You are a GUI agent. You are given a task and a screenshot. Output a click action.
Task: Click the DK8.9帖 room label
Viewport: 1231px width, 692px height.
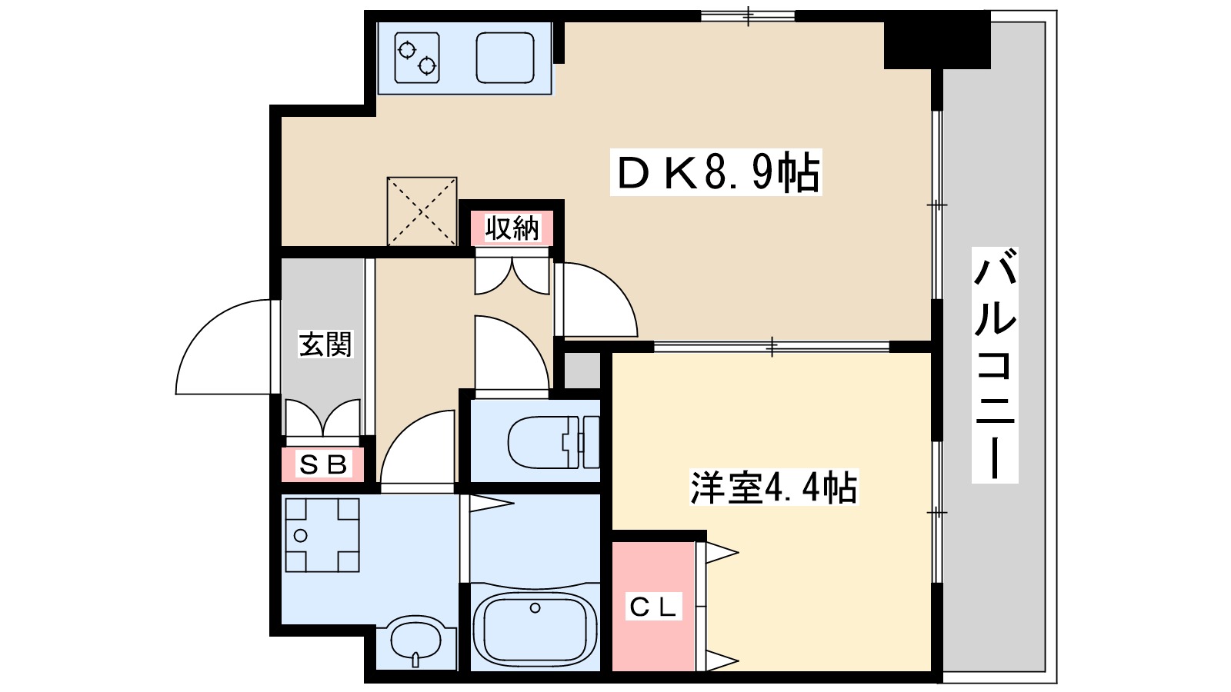pos(716,172)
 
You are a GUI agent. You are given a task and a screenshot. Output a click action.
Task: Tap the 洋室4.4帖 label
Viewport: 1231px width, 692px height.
pos(773,487)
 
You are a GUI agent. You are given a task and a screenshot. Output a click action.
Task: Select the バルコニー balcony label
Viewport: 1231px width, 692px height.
pos(994,364)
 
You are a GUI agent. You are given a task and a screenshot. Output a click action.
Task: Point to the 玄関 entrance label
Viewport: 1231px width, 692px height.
pos(325,344)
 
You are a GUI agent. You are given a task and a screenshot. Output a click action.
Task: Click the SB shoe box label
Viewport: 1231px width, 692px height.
pos(322,464)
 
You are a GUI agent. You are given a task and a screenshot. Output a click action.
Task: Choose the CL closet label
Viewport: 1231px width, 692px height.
pos(653,607)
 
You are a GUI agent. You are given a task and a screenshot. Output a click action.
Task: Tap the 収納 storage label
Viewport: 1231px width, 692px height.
pos(512,228)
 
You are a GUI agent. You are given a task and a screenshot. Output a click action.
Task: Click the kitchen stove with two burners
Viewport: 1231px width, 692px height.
pos(417,58)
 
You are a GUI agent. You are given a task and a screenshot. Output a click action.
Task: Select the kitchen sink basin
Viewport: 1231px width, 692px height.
pos(505,58)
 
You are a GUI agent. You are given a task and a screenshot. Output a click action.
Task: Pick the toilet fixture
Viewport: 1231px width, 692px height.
pos(552,442)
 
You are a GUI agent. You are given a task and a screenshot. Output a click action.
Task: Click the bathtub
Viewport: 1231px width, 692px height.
pos(535,627)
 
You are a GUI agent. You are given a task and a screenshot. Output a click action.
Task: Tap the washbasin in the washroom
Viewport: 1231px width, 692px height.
pos(416,638)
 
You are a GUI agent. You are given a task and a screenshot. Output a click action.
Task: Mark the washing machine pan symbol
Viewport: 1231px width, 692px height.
pos(322,535)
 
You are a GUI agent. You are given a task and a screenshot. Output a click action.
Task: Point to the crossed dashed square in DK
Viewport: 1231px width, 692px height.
pos(422,211)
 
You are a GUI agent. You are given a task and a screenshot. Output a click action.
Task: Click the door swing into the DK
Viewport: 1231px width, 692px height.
pos(595,300)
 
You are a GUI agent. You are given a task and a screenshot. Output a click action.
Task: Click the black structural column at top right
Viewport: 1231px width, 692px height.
pos(936,40)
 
